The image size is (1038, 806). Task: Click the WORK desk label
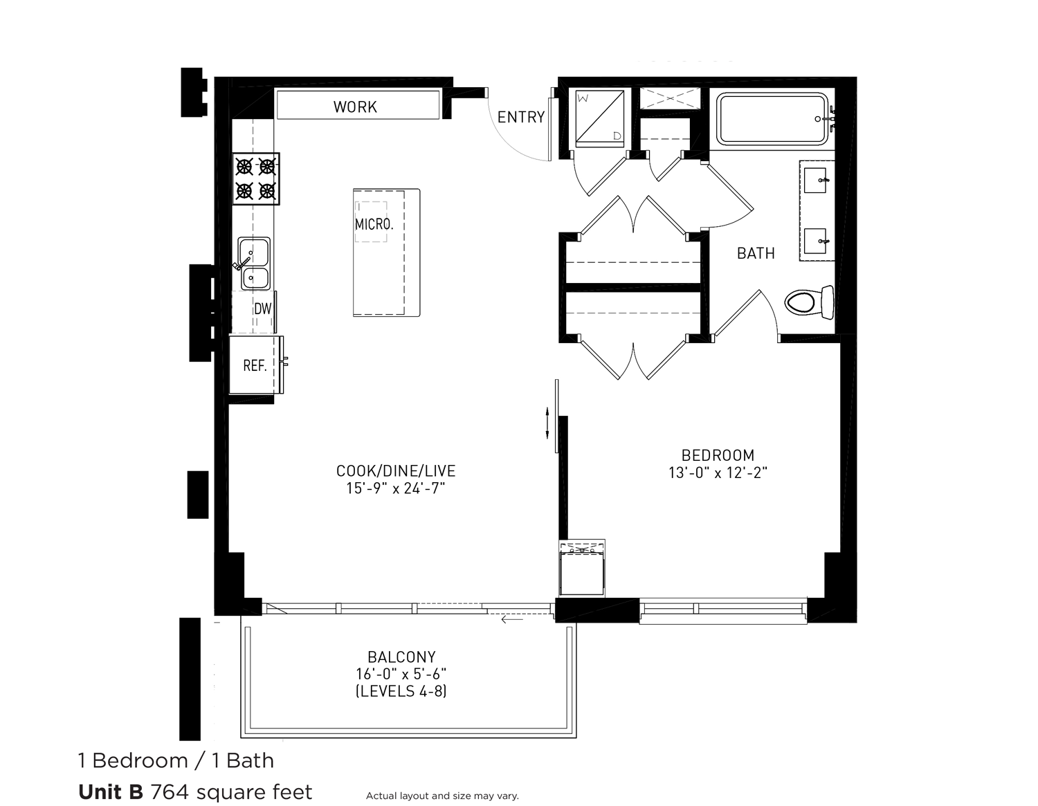point(355,107)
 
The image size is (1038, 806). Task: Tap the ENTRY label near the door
point(520,117)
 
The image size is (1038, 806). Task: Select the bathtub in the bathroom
point(772,119)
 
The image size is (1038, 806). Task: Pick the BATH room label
point(756,253)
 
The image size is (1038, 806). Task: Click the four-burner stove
point(255,178)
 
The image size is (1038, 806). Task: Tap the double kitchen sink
point(254,263)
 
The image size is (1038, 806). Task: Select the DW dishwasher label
point(262,309)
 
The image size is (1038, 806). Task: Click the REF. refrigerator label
point(255,365)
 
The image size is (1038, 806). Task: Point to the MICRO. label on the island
point(374,224)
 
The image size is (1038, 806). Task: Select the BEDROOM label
point(718,455)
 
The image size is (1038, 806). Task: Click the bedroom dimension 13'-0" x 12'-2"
point(718,473)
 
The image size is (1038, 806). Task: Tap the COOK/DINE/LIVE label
point(396,471)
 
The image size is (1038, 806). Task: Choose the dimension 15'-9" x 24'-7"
point(396,488)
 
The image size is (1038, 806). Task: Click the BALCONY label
point(401,657)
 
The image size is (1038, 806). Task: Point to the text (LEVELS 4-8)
point(401,690)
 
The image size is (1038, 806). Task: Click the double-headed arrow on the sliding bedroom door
point(547,422)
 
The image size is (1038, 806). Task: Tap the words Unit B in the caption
point(111,791)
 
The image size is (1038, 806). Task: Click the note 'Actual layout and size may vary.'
point(442,796)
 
